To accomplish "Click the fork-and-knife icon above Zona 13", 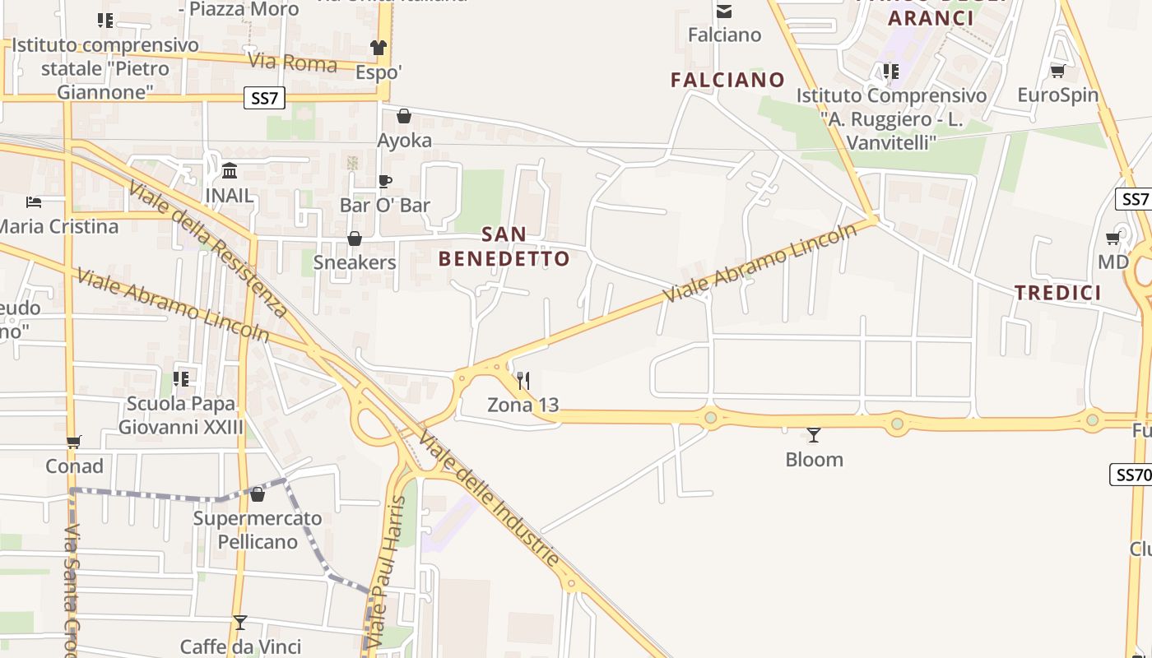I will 523,380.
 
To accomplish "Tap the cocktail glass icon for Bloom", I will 814,434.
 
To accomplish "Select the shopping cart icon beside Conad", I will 74,442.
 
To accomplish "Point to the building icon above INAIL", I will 230,171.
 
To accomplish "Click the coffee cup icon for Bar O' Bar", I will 384,181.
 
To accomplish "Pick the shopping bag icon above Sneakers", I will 355,239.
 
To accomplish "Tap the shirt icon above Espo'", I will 379,48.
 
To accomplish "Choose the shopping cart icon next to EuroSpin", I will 1057,71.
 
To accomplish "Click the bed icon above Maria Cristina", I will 34,202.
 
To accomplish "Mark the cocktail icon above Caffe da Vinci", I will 240,622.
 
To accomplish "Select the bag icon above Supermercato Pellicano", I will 258,494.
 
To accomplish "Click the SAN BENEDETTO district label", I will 504,246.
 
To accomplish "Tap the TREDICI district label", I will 1057,293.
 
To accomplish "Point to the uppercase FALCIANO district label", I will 727,80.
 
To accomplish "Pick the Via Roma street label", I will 292,63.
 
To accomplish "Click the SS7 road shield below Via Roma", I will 264,99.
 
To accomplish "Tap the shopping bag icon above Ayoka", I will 404,116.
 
